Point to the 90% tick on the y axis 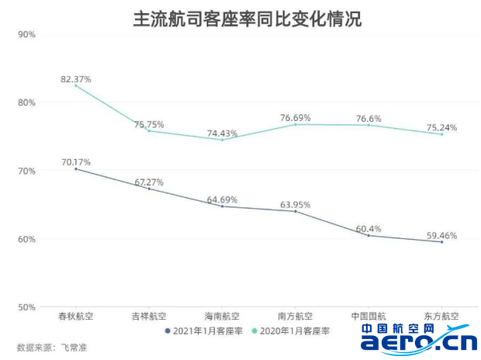tap(26, 34)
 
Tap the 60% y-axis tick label tap(26, 239)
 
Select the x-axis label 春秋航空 tap(75, 317)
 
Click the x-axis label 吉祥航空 tap(149, 317)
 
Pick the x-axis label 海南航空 tap(222, 317)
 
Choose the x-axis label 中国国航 tap(369, 317)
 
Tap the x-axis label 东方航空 tap(441, 317)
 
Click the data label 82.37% tap(76, 79)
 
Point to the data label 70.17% tap(76, 162)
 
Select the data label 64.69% tap(222, 199)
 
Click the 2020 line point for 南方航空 tap(296, 124)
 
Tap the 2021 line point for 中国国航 tap(369, 235)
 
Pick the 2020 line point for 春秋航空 tap(76, 85)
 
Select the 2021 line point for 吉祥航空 tap(149, 189)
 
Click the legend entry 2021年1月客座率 tap(205, 331)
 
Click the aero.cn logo tap(419, 340)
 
